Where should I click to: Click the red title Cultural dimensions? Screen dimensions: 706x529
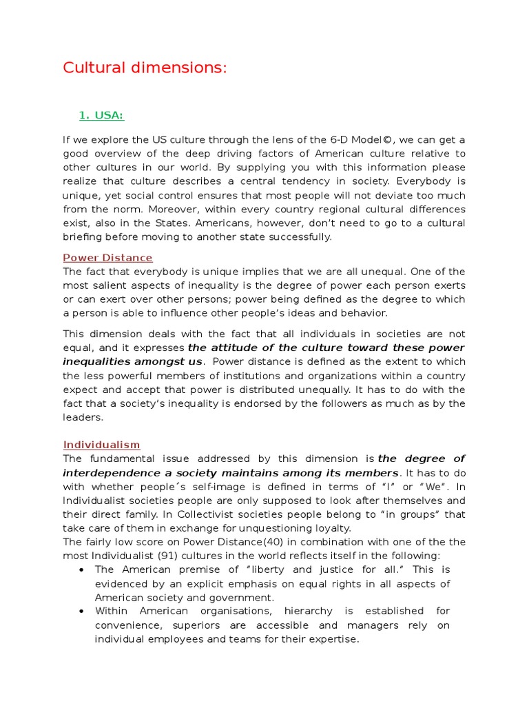(144, 68)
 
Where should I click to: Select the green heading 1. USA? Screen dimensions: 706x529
(101, 115)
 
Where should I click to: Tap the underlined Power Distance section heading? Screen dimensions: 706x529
(108, 258)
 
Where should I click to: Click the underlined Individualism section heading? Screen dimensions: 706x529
(102, 445)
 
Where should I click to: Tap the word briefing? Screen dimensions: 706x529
(83, 236)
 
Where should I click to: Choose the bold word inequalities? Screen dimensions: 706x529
(90, 362)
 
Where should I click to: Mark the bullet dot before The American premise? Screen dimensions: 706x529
(82, 570)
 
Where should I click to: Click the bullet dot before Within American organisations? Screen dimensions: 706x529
(82, 612)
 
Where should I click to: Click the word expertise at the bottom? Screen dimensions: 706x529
(333, 639)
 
